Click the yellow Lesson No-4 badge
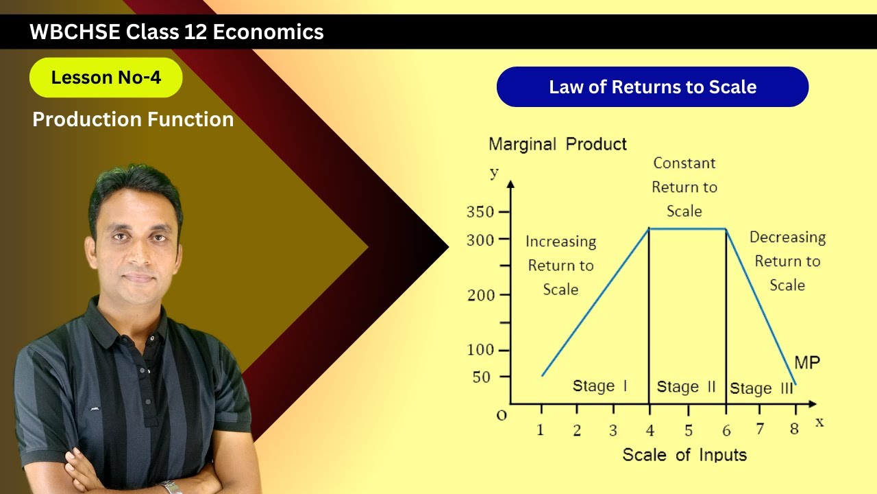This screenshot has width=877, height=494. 106,78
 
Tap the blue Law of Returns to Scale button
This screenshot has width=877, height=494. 652,87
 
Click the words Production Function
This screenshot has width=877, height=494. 133,119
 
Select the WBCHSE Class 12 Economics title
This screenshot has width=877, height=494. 177,32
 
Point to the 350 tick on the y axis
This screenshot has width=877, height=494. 480,212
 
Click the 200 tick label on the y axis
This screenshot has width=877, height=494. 480,295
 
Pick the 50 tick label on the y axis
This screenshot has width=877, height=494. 482,377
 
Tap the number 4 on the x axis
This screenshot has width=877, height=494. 650,431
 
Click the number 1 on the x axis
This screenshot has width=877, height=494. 541,431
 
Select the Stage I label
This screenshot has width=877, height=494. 600,386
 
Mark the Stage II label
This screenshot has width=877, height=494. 686,387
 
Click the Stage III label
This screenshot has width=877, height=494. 761,388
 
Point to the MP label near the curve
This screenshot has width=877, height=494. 807,362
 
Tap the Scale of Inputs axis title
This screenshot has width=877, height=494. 684,455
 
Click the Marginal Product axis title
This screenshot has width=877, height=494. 557,144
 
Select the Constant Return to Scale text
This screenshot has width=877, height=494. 684,187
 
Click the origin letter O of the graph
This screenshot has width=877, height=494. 502,415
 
